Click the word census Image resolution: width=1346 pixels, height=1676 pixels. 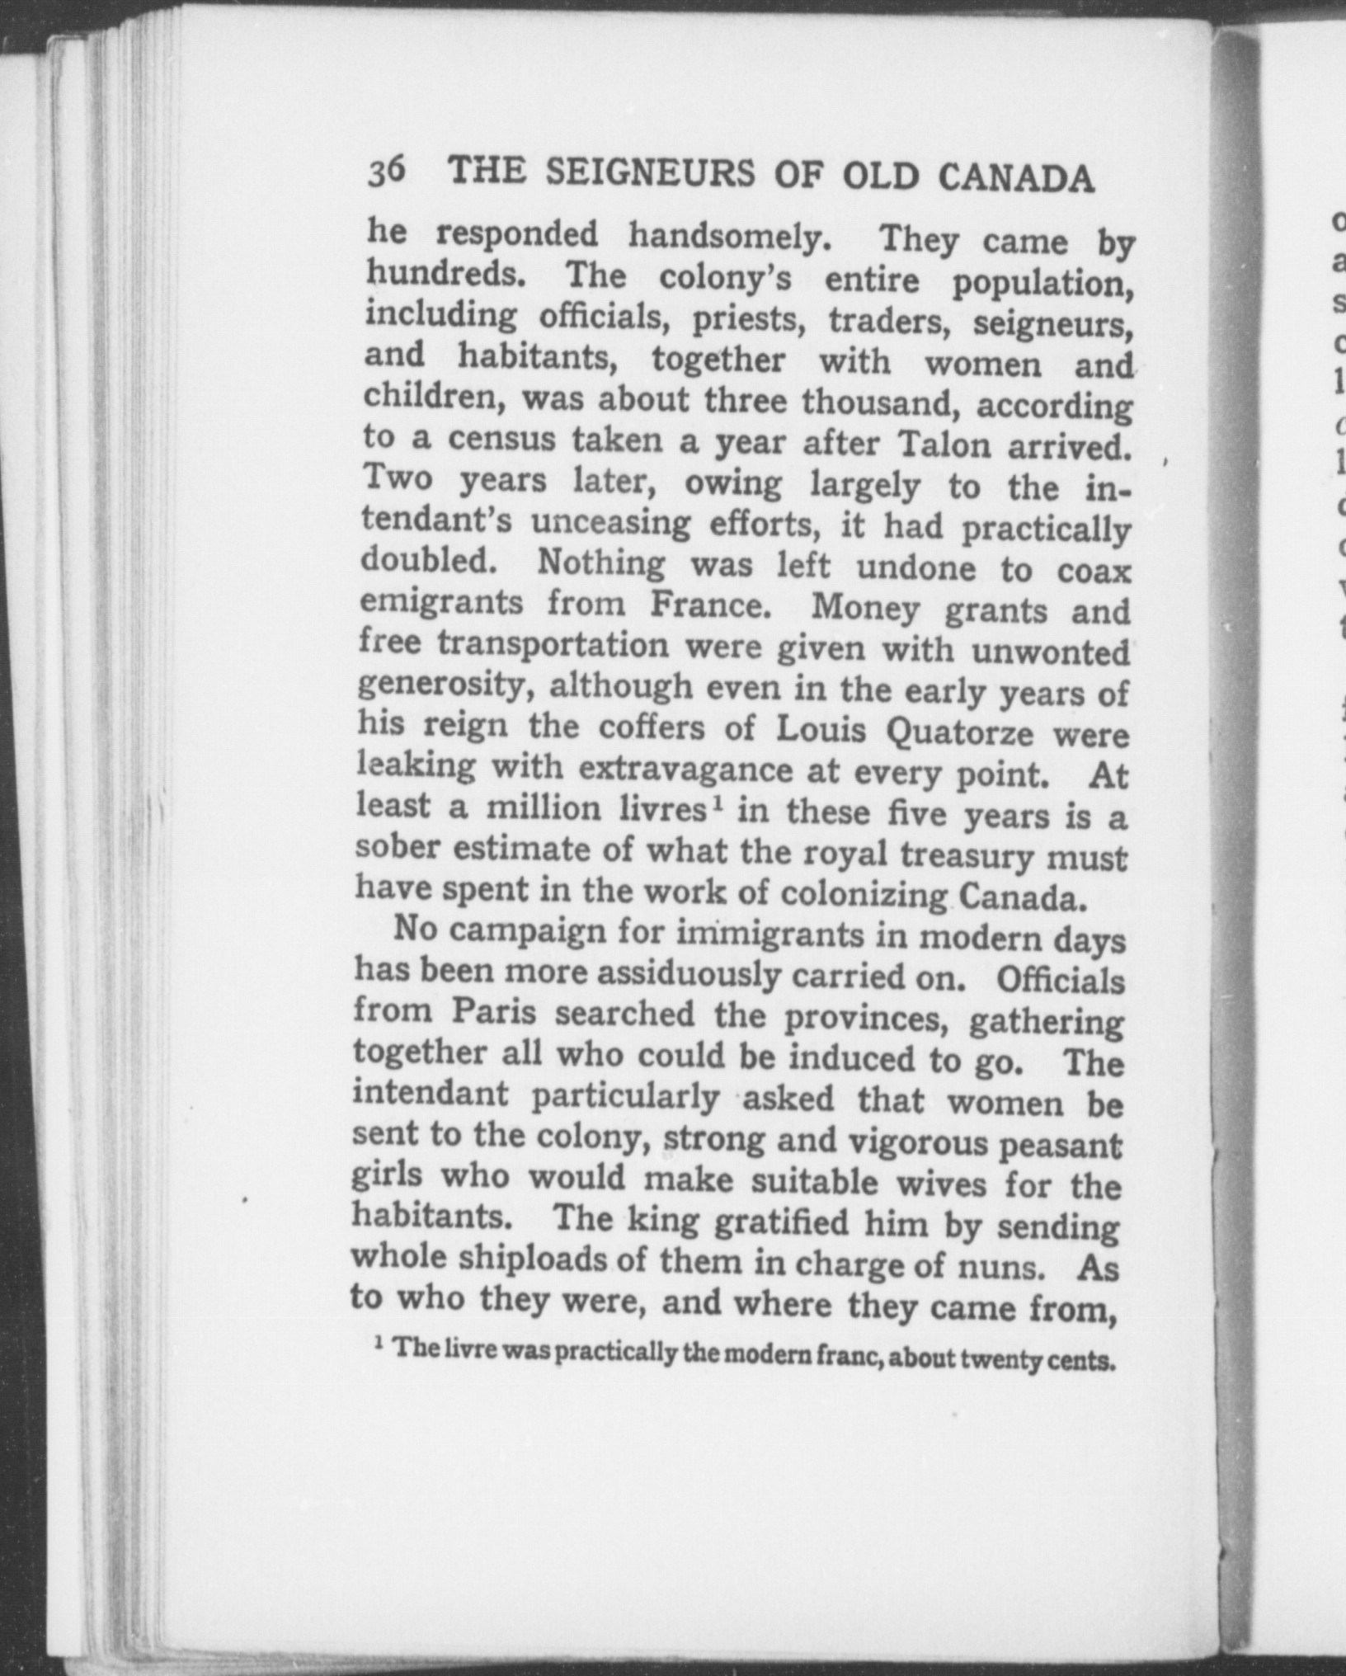pyautogui.click(x=502, y=440)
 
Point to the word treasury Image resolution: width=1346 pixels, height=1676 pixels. pyautogui.click(x=967, y=855)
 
